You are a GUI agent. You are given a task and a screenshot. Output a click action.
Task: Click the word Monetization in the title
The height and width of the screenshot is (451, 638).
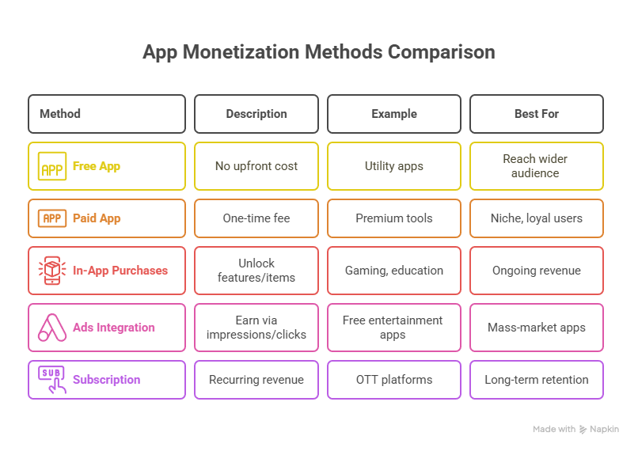pyautogui.click(x=241, y=52)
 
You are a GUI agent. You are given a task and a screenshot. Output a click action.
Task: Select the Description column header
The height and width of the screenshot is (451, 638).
pyautogui.click(x=256, y=114)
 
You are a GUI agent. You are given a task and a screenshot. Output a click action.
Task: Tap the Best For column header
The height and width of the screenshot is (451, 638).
pyautogui.click(x=536, y=114)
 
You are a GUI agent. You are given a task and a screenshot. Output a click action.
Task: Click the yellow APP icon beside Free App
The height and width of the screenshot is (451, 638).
pyautogui.click(x=52, y=166)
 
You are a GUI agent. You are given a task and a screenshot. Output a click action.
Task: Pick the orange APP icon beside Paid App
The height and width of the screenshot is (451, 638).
pyautogui.click(x=52, y=218)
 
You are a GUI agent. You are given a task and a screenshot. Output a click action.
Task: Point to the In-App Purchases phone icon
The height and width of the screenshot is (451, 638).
pyautogui.click(x=52, y=271)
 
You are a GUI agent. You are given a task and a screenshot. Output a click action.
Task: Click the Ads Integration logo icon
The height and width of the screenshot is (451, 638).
pyautogui.click(x=52, y=328)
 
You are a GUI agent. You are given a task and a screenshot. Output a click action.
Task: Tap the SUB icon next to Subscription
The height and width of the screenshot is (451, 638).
pyautogui.click(x=52, y=380)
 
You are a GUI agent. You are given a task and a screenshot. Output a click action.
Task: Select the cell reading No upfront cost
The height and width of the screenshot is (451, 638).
pyautogui.click(x=256, y=166)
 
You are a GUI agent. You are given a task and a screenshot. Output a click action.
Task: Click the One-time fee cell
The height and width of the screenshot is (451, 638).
pyautogui.click(x=256, y=218)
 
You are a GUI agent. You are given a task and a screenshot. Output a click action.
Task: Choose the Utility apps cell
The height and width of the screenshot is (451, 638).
pyautogui.click(x=394, y=166)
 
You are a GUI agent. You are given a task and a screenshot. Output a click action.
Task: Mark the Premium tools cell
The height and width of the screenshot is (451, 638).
pyautogui.click(x=394, y=218)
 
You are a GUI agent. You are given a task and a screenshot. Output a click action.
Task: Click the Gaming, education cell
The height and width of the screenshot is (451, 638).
pyautogui.click(x=394, y=271)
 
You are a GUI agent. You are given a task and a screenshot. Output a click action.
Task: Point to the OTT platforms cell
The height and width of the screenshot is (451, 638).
pyautogui.click(x=394, y=380)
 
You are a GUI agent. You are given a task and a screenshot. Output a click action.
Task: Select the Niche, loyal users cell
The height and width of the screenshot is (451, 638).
pyautogui.click(x=536, y=218)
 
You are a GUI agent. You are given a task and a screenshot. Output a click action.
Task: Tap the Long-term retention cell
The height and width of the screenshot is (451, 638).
pyautogui.click(x=536, y=380)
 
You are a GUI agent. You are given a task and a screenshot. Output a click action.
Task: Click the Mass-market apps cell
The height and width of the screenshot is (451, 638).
pyautogui.click(x=536, y=328)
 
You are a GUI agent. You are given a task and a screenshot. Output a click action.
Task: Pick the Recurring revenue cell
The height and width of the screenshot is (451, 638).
pyautogui.click(x=256, y=380)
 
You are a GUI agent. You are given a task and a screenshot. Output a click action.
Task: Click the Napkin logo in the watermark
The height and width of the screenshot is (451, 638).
pyautogui.click(x=583, y=430)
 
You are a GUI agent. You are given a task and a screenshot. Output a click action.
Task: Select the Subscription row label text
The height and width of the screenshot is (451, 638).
pyautogui.click(x=107, y=380)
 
